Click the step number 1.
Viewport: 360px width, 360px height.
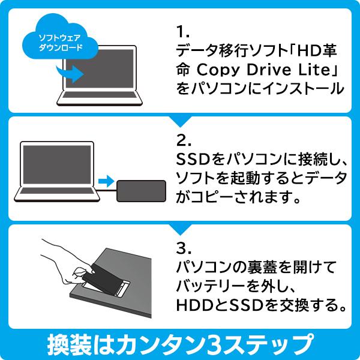point(182,32)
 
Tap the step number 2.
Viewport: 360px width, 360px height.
point(184,140)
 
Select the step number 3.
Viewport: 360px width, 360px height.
point(184,248)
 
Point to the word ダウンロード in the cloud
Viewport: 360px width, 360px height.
point(61,48)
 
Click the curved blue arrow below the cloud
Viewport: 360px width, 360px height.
point(70,73)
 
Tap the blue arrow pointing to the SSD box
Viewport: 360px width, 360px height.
point(106,181)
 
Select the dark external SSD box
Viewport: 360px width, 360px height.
point(142,191)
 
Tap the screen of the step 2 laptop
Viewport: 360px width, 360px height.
point(57,164)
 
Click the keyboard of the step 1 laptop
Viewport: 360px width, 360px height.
point(99,95)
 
